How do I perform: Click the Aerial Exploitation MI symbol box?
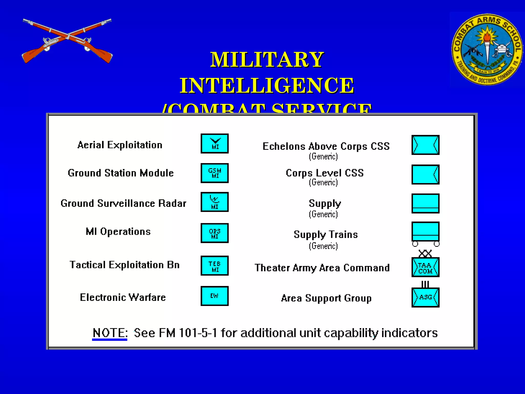(215, 144)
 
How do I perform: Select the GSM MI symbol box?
(215, 173)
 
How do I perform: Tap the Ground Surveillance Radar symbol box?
(215, 202)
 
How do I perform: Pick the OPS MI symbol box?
(215, 233)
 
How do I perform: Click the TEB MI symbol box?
(215, 266)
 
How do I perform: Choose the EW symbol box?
(215, 296)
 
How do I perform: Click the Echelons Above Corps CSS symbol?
(426, 145)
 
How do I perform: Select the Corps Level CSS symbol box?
(426, 175)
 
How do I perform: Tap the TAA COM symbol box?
(426, 267)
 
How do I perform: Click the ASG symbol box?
(426, 298)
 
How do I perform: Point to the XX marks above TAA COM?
(425, 253)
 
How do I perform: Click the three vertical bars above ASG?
(425, 284)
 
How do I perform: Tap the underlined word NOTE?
(110, 333)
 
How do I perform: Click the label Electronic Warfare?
(123, 298)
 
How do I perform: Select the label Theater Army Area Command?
(322, 268)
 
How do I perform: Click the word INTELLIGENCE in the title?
(267, 85)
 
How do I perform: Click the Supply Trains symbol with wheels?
(426, 233)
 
